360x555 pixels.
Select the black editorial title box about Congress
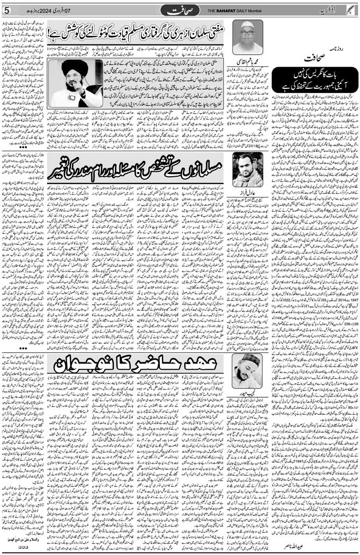[x=316, y=80]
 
